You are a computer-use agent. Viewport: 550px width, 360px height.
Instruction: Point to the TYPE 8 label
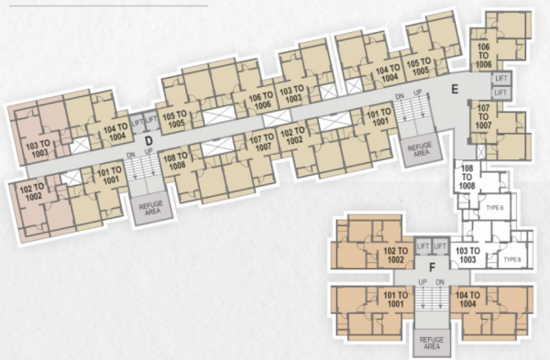[x=512, y=260]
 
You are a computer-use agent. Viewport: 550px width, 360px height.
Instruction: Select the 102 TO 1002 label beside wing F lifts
[x=395, y=256]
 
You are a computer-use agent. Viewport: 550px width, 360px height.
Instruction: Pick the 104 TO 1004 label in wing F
[x=467, y=300]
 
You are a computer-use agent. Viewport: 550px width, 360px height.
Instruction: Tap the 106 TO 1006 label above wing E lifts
[x=483, y=57]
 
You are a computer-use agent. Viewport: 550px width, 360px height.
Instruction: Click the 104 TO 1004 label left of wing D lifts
[x=115, y=133]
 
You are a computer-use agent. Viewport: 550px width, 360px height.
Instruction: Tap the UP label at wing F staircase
[x=423, y=280]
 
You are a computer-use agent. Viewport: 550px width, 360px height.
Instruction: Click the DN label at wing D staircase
[x=129, y=153]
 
